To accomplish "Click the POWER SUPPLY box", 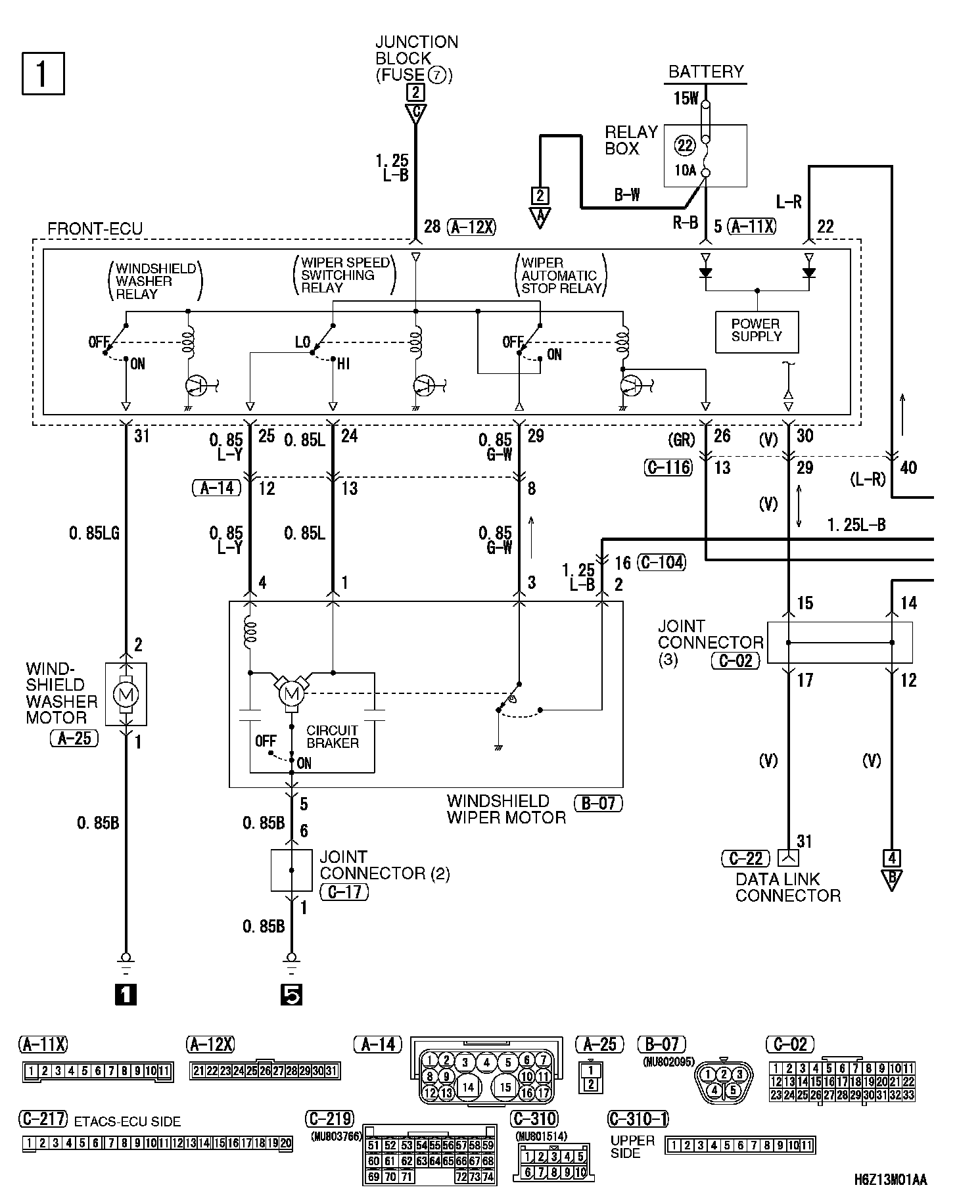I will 757,331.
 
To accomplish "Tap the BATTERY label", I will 706,72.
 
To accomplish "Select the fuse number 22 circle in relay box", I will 686,146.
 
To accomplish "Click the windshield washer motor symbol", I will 126,693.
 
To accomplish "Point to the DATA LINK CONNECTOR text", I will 787,887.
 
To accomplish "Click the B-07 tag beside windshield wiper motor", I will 597,802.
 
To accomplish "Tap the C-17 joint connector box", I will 291,870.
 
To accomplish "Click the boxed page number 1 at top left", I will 43,74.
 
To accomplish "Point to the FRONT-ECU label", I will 95,229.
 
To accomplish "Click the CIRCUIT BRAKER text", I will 333,737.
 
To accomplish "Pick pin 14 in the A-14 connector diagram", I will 468,1087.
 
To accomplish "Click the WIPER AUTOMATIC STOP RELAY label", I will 561,275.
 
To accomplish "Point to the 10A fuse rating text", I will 685,170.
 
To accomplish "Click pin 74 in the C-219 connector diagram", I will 488,1176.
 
